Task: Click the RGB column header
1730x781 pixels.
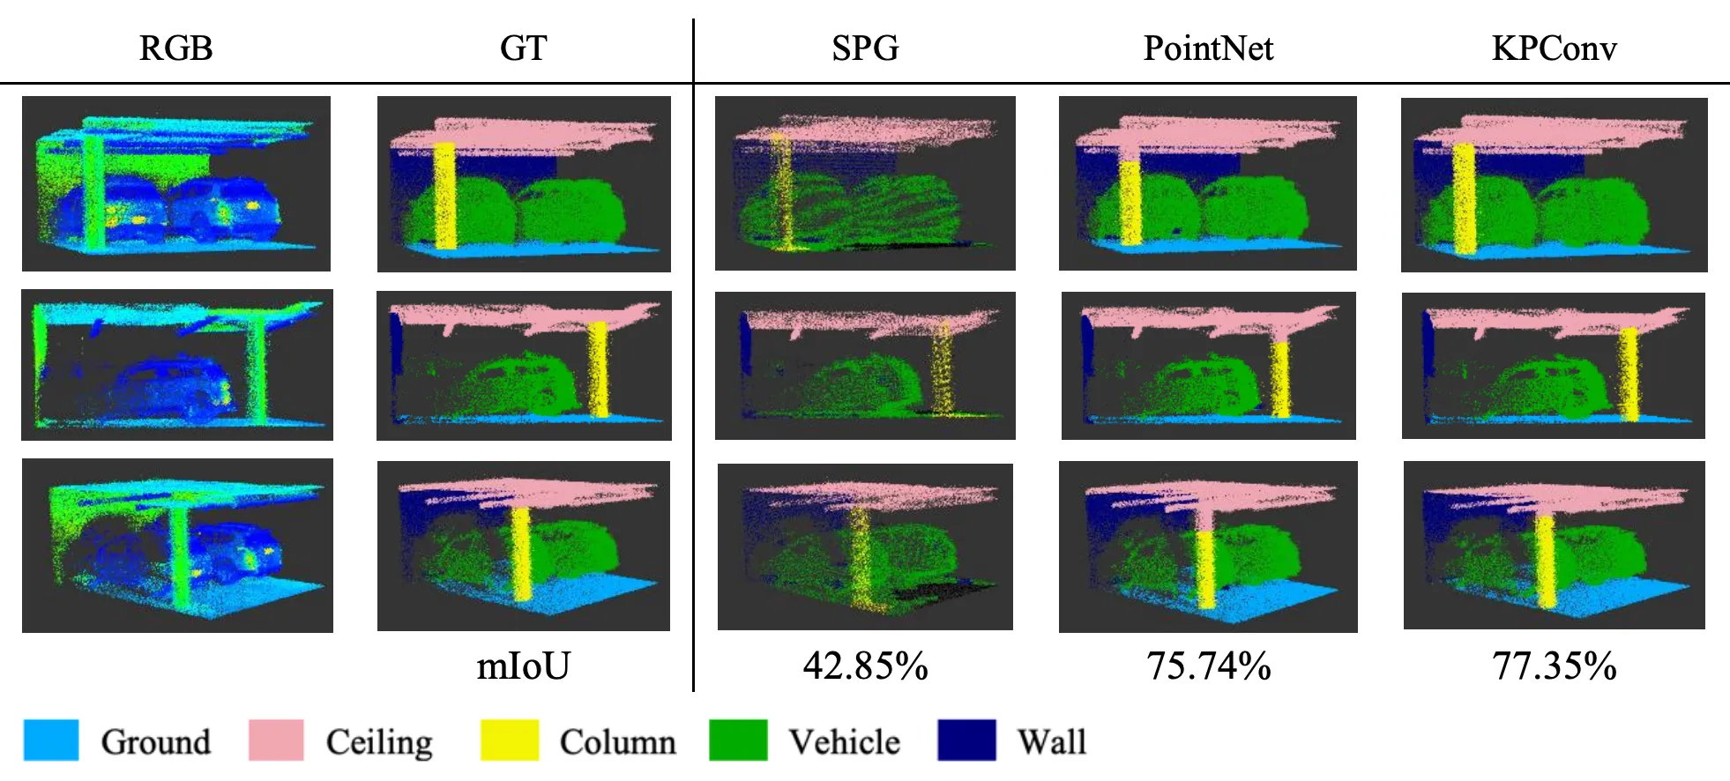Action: tap(175, 48)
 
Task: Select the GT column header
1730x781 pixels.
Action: tap(523, 48)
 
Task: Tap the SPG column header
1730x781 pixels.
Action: tap(865, 48)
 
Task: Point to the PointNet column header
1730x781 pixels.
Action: tap(1208, 48)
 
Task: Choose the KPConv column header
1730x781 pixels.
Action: tap(1554, 48)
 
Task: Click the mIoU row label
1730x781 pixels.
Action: tap(523, 666)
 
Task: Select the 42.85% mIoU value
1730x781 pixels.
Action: tap(865, 666)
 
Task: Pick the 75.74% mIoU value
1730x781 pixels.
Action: tap(1208, 666)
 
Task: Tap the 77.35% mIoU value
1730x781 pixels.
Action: tap(1554, 666)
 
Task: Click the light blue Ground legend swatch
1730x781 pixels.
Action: tap(51, 740)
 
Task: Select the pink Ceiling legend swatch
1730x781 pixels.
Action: tap(276, 740)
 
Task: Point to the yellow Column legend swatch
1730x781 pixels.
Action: tap(509, 740)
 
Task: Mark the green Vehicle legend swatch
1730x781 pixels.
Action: tap(738, 740)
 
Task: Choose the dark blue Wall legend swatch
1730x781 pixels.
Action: tap(966, 740)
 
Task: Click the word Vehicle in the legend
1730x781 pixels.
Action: tap(844, 742)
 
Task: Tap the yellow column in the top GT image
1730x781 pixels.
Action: tap(445, 196)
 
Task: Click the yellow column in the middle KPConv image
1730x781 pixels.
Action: tap(1629, 375)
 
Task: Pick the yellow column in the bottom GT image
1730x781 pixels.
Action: tap(521, 553)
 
